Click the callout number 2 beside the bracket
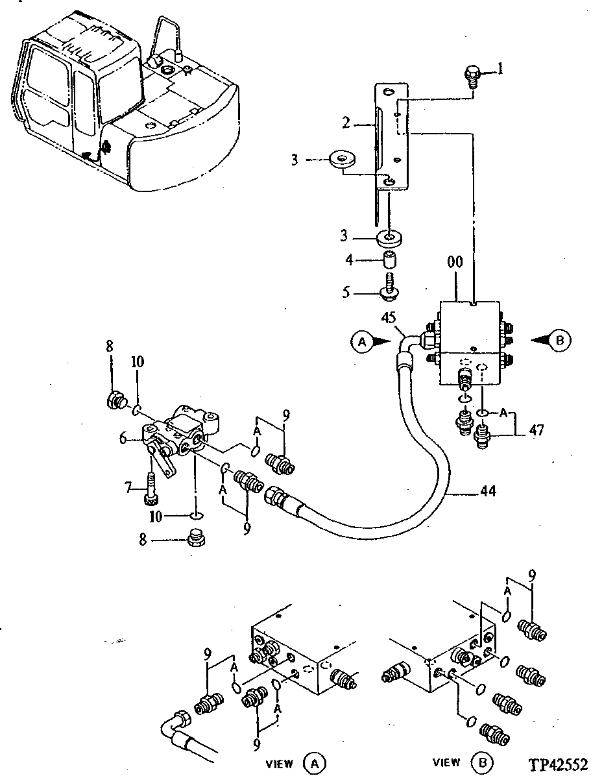pos(365,121)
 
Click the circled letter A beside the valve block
pos(363,339)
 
